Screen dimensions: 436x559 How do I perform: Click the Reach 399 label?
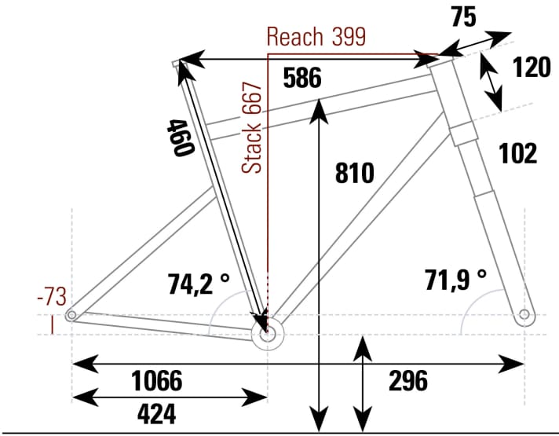(316, 37)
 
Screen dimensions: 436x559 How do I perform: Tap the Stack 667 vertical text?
(253, 127)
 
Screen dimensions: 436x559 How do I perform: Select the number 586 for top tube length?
(302, 79)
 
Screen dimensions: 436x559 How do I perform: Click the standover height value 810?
(356, 173)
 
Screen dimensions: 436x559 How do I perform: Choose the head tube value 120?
(532, 68)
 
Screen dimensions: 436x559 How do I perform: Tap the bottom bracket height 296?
(408, 381)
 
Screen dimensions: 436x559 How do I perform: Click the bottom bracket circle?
(267, 333)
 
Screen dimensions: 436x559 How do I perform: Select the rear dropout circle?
(72, 315)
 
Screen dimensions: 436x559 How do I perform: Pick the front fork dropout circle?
(524, 316)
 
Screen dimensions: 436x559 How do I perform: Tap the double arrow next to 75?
(475, 44)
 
